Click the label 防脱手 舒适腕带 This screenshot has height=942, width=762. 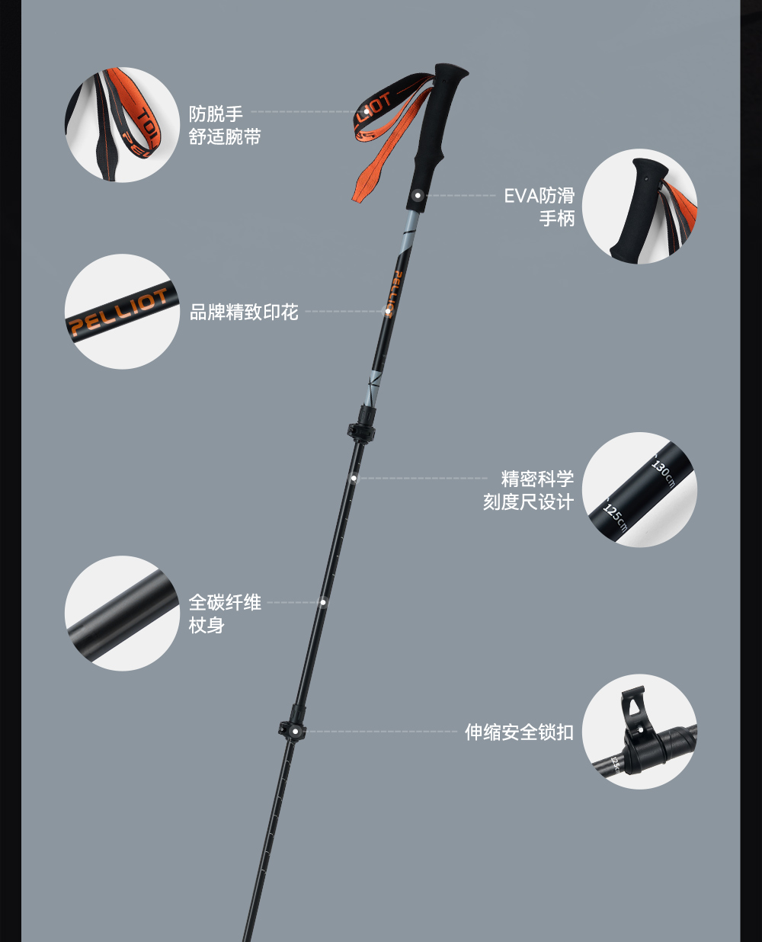click(x=225, y=125)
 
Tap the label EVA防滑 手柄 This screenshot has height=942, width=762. click(x=539, y=207)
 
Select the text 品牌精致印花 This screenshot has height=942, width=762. click(x=244, y=312)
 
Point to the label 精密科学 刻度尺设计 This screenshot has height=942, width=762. click(x=529, y=490)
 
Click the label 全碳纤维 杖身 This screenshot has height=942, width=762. click(x=225, y=614)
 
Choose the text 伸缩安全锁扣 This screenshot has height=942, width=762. click(x=519, y=732)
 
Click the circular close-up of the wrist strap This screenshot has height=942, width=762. click(x=122, y=125)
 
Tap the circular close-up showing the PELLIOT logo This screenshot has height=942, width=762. click(x=122, y=312)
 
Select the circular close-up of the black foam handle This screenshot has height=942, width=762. click(x=639, y=207)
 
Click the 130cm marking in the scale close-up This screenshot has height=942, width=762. click(x=661, y=470)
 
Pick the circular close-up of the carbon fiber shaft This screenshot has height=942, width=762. click(x=122, y=614)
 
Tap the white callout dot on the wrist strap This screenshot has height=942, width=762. click(x=367, y=111)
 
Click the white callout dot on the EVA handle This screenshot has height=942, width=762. click(x=418, y=196)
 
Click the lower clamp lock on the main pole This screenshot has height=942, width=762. click(x=292, y=730)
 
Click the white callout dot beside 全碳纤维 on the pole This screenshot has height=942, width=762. click(x=323, y=602)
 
